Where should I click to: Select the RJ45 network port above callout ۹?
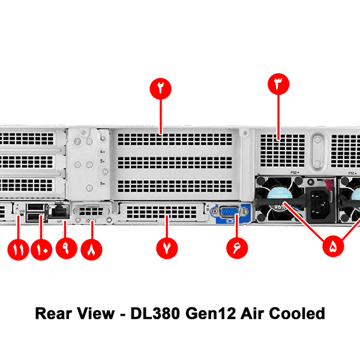(x=59, y=211)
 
